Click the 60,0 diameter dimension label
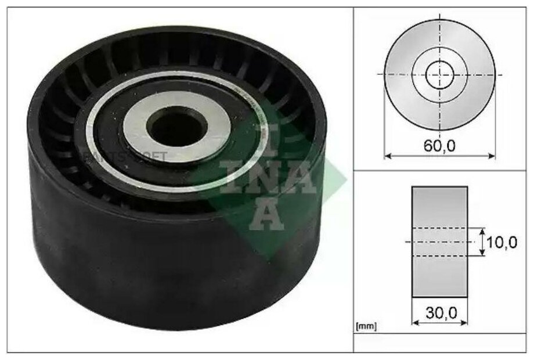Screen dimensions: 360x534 (x=439, y=146)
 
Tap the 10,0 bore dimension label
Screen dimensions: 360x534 (x=501, y=242)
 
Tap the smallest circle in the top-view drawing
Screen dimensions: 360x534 (x=439, y=74)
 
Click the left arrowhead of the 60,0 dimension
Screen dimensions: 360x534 (x=387, y=156)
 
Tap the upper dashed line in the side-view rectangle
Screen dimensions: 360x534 (x=439, y=228)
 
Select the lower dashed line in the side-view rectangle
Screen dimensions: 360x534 (x=439, y=255)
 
